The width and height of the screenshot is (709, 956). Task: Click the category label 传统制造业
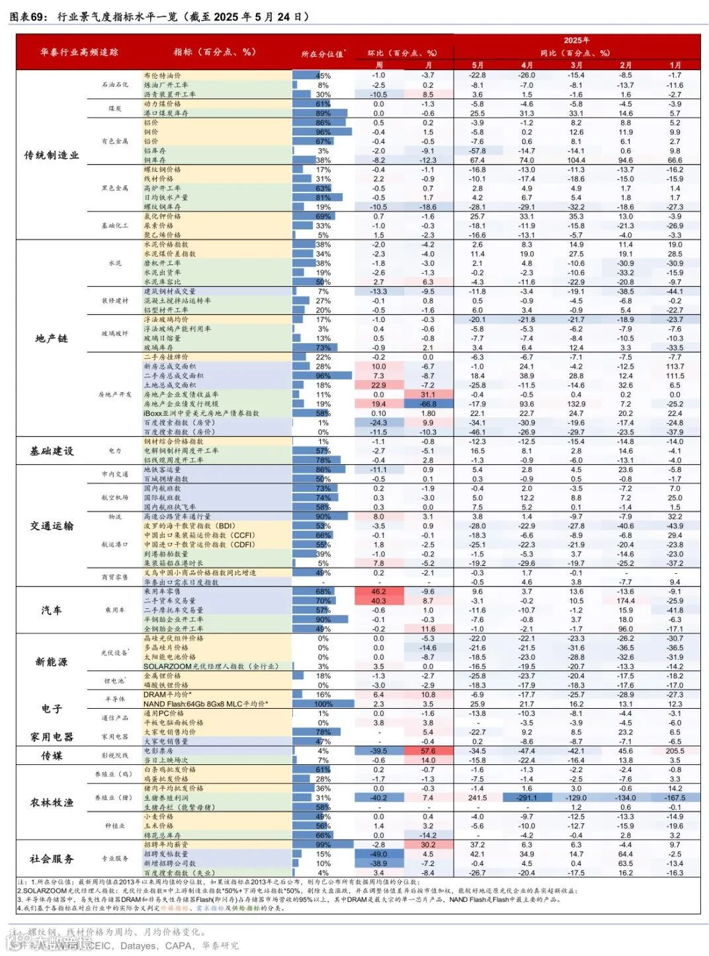pos(52,155)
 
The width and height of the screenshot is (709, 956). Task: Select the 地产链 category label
pos(52,339)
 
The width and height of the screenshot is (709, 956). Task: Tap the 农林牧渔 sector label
pos(52,803)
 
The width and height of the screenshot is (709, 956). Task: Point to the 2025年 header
pos(576,40)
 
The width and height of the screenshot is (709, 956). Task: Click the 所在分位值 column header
pos(322,54)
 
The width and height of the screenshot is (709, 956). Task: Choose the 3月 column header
pos(576,65)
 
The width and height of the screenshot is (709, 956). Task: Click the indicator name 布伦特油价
pos(162,75)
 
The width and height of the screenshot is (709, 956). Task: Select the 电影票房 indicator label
pos(159,751)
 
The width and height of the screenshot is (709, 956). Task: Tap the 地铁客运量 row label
pos(162,469)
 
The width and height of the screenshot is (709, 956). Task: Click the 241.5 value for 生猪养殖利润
pos(478,798)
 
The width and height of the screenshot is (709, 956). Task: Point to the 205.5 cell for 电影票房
pos(675,751)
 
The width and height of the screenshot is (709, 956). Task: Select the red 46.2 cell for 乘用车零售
pos(378,592)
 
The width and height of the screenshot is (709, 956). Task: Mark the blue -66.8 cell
pos(428,404)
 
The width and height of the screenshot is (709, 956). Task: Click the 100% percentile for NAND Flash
pos(323,704)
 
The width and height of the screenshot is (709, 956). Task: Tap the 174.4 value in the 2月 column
pos(626,601)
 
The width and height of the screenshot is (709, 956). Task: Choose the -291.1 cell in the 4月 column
pos(526,798)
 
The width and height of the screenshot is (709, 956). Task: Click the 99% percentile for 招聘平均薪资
pos(323,845)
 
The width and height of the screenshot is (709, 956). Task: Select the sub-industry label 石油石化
pos(115,85)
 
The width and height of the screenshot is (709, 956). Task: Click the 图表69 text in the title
pos(28,17)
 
